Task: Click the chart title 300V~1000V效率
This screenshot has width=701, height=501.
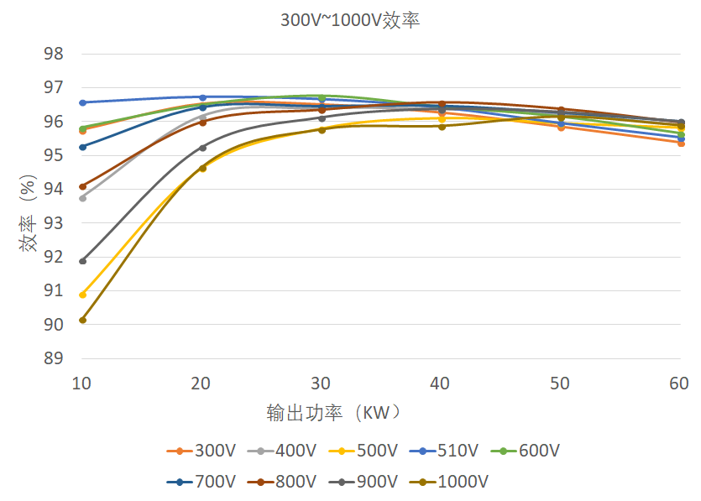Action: [350, 21]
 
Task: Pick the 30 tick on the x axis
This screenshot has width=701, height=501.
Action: [321, 384]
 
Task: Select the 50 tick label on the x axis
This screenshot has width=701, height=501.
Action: [560, 384]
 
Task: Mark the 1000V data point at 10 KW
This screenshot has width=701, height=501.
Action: [82, 320]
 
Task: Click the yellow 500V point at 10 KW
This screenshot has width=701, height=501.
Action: [82, 295]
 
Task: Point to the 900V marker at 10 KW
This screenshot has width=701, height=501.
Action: [82, 261]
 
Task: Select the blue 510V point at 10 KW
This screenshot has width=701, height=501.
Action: [82, 102]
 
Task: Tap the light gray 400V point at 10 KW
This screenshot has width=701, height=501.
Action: [82, 198]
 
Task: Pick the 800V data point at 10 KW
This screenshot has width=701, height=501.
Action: [82, 186]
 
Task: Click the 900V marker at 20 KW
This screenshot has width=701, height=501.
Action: [202, 148]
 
